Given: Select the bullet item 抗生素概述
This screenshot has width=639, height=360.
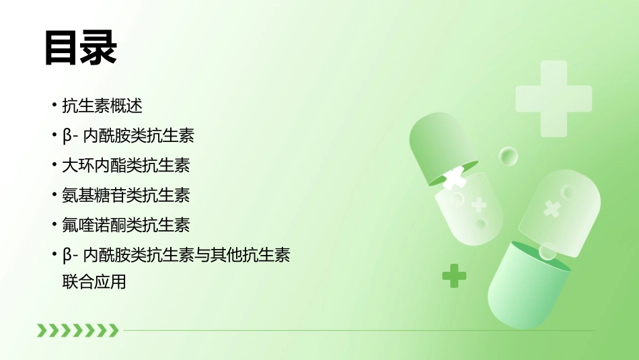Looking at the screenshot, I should pos(102,106).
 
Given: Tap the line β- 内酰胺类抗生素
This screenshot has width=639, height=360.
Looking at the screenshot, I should pos(128,135).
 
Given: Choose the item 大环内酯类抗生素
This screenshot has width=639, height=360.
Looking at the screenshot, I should pos(126,165).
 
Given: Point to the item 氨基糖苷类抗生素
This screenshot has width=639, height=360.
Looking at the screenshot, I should pos(126,195).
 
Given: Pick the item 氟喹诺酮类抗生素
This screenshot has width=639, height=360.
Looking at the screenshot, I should pos(126,225).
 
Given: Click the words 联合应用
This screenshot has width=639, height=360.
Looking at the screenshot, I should pos(93,281).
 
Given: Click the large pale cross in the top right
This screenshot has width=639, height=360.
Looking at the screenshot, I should pos(553,98).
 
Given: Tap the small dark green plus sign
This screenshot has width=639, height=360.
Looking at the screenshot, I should pos(454,275).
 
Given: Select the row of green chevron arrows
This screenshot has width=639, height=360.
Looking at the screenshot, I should pos(77,330).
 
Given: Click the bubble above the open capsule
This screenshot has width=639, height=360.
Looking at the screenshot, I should pos(509,157).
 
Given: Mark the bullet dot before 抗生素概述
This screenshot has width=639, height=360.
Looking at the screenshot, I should pos(54,106).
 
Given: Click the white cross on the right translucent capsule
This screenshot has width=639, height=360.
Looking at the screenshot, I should pos(552,209).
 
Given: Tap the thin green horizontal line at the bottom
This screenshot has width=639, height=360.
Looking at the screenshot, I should pos(356,330).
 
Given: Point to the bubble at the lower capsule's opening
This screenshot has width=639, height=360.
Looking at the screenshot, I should pos(548,251).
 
